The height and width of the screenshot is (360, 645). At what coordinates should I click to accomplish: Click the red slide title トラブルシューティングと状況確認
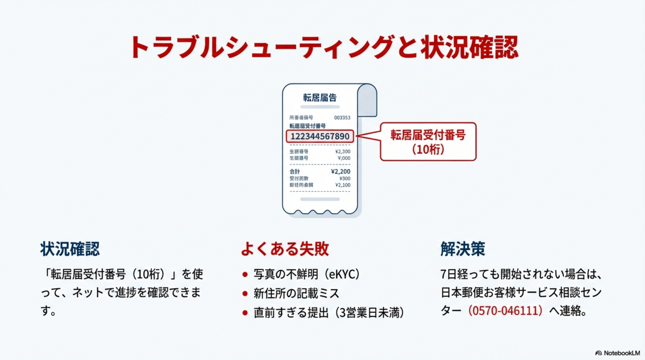[x=324, y=47]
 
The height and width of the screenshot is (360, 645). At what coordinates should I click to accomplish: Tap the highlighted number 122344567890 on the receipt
[x=320, y=136]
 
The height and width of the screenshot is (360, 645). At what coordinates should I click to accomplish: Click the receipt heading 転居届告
[x=320, y=98]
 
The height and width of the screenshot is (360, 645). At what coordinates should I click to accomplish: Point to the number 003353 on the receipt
[x=342, y=118]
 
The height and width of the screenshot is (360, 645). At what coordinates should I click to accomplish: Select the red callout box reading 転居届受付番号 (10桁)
[x=428, y=142]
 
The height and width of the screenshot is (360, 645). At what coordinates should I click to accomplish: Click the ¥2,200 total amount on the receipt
[x=340, y=172]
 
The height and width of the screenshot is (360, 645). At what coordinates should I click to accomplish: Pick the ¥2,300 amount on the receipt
[x=343, y=151]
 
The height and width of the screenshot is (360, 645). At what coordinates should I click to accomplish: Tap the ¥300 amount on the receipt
[x=345, y=178]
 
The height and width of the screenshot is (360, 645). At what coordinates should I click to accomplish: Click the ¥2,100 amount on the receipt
[x=343, y=185]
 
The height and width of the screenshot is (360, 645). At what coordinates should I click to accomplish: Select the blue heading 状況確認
[x=70, y=249]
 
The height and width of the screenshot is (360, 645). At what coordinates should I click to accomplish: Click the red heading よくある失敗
[x=285, y=249]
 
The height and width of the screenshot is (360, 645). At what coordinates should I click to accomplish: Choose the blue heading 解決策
[x=463, y=249]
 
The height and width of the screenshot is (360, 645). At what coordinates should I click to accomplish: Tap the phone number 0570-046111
[x=505, y=311]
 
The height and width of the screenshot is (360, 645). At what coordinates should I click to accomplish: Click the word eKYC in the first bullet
[x=342, y=274]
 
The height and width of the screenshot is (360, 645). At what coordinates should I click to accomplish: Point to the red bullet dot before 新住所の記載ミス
[x=245, y=294]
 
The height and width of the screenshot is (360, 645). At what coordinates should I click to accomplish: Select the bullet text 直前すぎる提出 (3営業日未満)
[x=329, y=313]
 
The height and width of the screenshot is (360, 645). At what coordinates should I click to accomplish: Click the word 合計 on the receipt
[x=295, y=172]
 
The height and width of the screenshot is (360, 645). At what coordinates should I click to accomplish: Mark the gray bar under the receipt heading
[x=320, y=107]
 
